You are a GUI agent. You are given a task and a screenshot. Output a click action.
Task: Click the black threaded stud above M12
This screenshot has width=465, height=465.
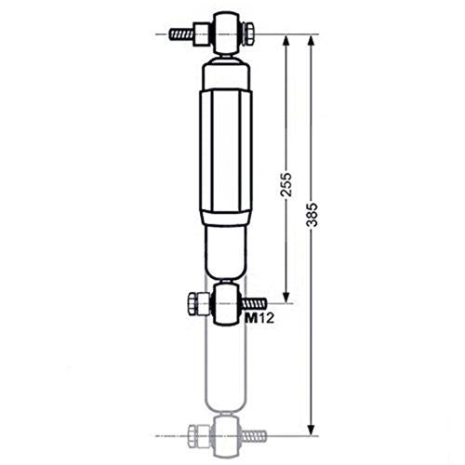(255, 303)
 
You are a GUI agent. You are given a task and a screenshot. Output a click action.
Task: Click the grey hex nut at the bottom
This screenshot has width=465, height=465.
(198, 433)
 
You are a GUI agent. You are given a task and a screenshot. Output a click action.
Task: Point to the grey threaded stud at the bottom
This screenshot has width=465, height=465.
(255, 434)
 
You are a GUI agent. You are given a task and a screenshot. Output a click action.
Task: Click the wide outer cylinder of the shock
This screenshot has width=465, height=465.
(226, 153)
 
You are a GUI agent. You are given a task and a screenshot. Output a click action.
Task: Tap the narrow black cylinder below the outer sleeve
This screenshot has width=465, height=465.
(226, 256)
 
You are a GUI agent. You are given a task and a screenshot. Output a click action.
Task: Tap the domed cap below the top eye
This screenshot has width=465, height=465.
(226, 69)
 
